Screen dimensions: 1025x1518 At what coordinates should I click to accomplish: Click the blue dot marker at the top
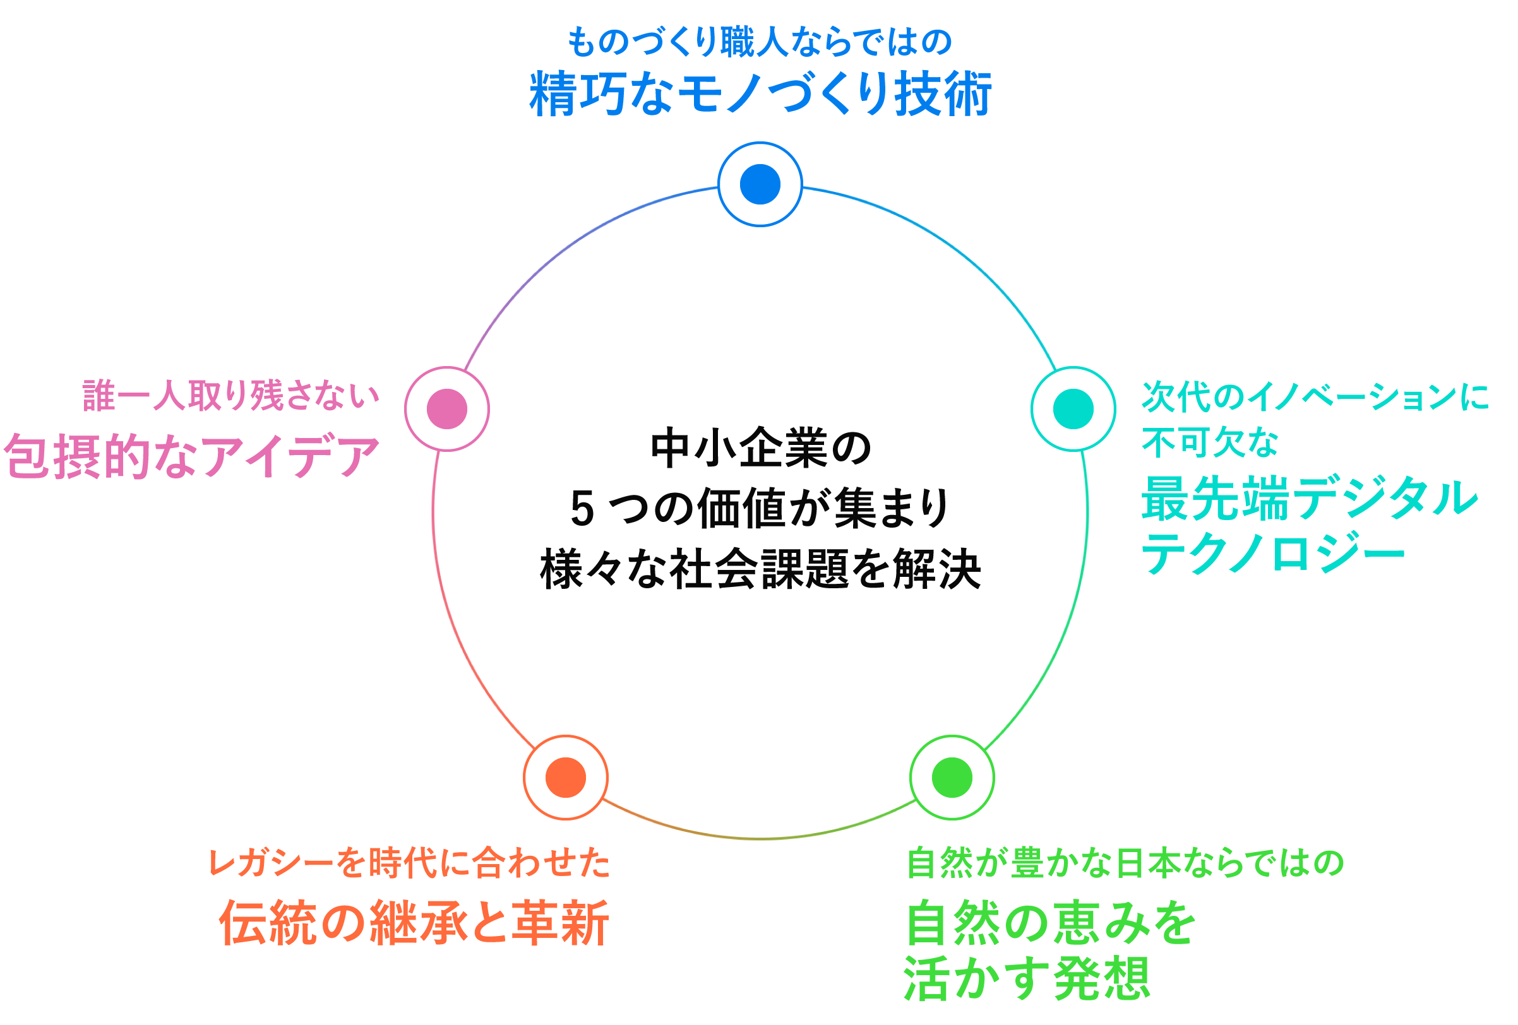pos(760,184)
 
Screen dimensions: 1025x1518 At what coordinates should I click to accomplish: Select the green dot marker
pos(952,777)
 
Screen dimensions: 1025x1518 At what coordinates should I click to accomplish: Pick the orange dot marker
pos(565,777)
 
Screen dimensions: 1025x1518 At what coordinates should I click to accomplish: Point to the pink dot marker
pos(447,409)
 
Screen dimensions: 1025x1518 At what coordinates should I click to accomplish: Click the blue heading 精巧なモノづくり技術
pos(760,95)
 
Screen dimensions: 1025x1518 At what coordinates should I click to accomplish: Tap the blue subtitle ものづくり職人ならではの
pos(760,42)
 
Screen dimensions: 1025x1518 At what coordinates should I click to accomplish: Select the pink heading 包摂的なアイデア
pos(191,456)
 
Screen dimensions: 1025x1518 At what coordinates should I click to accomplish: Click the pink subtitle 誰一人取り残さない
pos(230,396)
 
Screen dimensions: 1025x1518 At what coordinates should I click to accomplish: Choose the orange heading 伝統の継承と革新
pos(414,923)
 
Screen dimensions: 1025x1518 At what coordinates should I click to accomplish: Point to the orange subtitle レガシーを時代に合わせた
pos(409,862)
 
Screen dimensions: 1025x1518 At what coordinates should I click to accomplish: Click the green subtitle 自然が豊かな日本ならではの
pos(1125,862)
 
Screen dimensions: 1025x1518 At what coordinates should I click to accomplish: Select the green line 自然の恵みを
pos(1050,923)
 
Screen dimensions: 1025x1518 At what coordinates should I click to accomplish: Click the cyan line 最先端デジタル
pos(1309,499)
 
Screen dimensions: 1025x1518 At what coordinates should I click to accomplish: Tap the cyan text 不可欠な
pos(1210,443)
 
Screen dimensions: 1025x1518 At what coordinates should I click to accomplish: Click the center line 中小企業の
pos(760,449)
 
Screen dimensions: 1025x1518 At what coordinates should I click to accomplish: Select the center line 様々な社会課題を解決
pos(760,569)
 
